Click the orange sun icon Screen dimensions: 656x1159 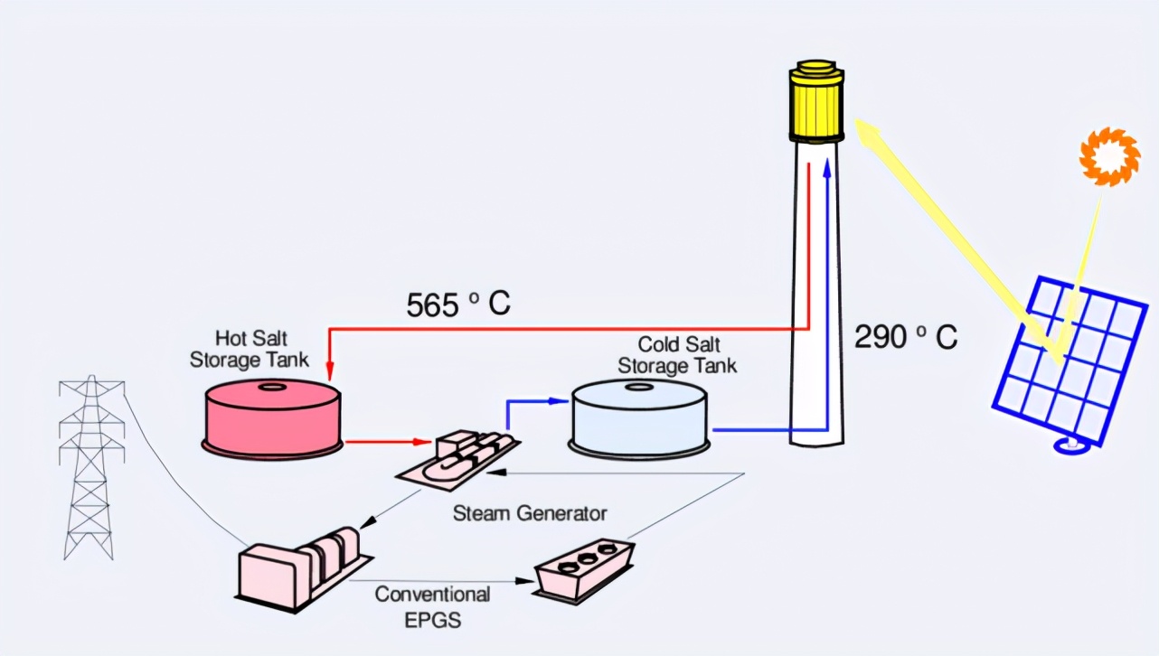tap(1105, 157)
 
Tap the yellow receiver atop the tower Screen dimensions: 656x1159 tap(816, 102)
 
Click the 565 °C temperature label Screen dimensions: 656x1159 tap(458, 305)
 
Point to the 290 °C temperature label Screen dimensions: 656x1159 tap(905, 337)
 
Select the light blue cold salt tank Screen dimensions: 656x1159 tap(638, 417)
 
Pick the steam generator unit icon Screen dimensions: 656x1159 tap(460, 458)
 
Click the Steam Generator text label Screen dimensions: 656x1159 tap(529, 513)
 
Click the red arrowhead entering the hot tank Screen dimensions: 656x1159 tap(329, 371)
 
